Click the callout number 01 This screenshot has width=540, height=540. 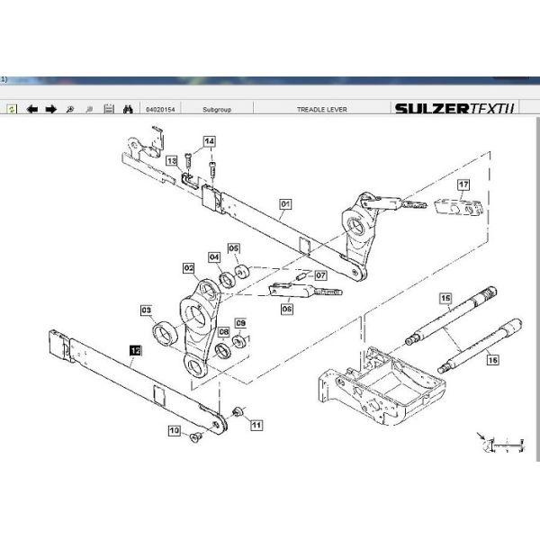point(285,204)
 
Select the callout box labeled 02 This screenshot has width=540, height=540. point(188,267)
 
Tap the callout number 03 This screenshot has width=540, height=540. point(146,310)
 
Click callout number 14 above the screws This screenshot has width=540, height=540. point(209,141)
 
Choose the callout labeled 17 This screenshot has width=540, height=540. point(463,185)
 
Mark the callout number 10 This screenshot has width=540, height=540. point(174,431)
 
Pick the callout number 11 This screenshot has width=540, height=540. point(256,424)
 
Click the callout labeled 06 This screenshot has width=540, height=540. point(287,308)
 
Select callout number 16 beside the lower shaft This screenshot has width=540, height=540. point(491,360)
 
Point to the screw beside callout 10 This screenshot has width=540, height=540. point(193,438)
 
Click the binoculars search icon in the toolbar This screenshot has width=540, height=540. point(128,109)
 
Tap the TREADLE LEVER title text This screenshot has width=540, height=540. point(321,109)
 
